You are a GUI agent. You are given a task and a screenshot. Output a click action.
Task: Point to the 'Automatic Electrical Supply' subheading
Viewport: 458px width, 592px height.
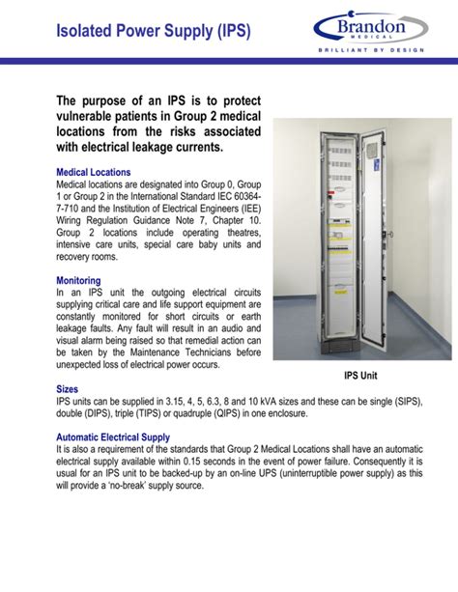pyautogui.click(x=113, y=437)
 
